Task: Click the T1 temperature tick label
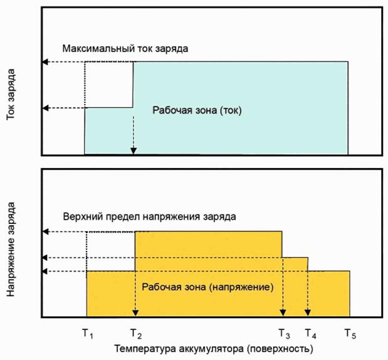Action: pyautogui.click(x=87, y=333)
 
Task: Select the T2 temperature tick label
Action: pyautogui.click(x=136, y=333)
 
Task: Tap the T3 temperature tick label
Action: pyautogui.click(x=284, y=333)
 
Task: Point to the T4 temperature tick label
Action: pyautogui.click(x=310, y=333)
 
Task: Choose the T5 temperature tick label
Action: pyautogui.click(x=350, y=333)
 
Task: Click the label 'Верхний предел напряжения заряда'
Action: pyautogui.click(x=150, y=216)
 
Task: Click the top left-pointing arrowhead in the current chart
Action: pyautogui.click(x=45, y=61)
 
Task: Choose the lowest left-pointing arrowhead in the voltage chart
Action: pyautogui.click(x=45, y=272)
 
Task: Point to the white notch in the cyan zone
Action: pyautogui.click(x=109, y=84)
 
